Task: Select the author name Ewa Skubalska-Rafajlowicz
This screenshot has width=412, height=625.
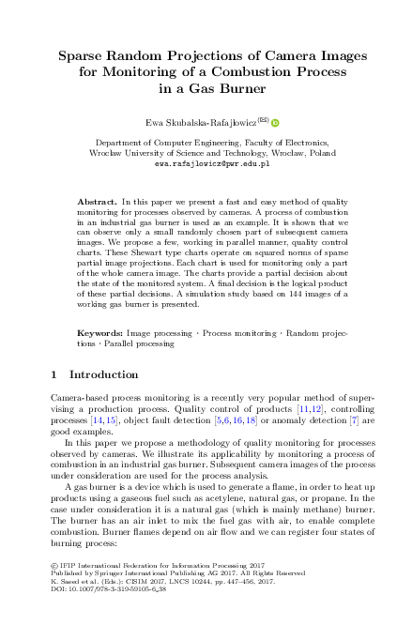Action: pos(199,122)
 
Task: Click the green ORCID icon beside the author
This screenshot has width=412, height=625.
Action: pos(277,122)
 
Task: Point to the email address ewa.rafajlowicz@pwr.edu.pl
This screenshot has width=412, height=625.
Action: pos(206,162)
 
